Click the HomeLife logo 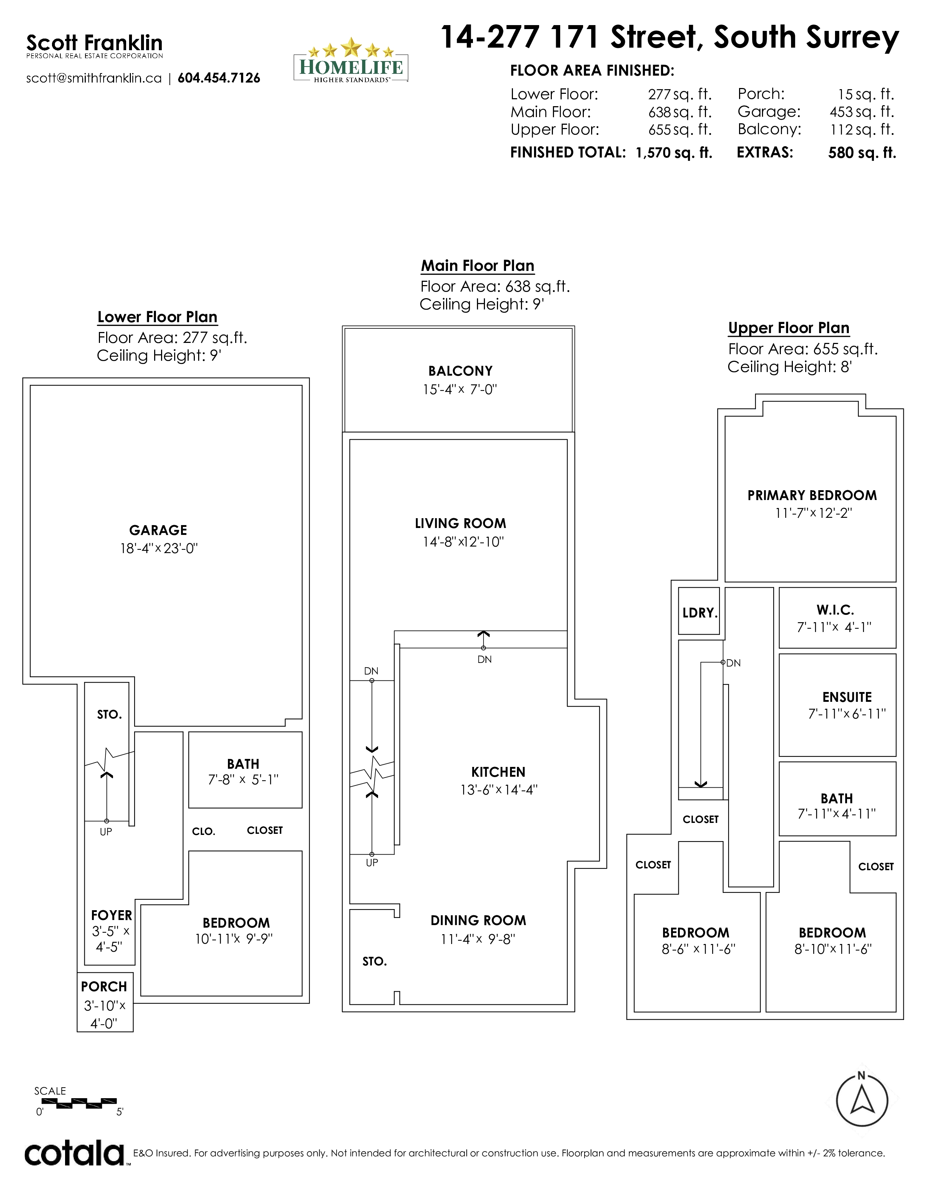click(x=351, y=60)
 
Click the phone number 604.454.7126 click(x=218, y=78)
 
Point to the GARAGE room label click(x=158, y=530)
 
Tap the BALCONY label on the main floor click(x=460, y=371)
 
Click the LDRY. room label click(x=700, y=613)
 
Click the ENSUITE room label click(x=847, y=697)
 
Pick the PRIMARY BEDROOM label click(x=812, y=495)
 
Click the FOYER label click(x=112, y=915)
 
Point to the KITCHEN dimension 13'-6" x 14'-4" click(x=499, y=789)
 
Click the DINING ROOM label click(x=478, y=920)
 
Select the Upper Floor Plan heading click(x=788, y=328)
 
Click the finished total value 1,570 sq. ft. click(x=674, y=153)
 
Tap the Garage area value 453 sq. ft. click(x=862, y=112)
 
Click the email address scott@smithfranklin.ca click(x=94, y=78)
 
